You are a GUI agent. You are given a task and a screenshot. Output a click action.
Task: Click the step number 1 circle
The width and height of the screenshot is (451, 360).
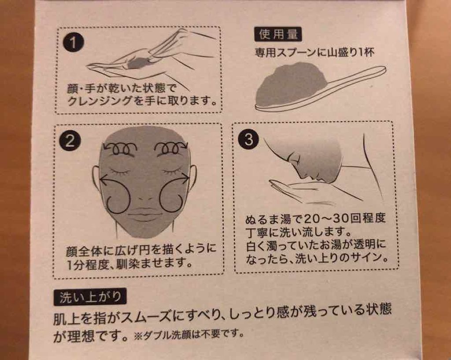tap(74, 44)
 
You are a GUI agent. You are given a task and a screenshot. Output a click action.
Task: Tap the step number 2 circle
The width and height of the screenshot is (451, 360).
tap(69, 141)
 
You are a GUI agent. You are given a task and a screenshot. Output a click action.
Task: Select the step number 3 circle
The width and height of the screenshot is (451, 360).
tap(248, 140)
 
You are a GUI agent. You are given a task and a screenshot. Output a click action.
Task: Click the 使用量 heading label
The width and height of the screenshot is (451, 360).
tap(277, 34)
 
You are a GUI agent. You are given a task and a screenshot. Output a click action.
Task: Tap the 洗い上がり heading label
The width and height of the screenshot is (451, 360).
tap(90, 298)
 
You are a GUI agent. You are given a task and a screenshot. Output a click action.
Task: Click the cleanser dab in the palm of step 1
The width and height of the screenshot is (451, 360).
tap(137, 62)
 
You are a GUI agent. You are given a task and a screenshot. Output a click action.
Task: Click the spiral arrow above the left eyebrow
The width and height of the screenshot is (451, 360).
tap(120, 147)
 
